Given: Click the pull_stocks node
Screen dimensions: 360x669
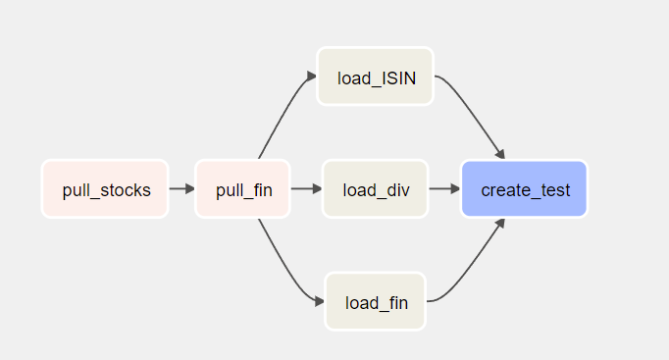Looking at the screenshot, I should coord(105,188).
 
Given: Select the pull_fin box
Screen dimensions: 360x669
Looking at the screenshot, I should coord(243,188).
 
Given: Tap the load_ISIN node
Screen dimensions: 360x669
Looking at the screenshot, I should coord(375,77).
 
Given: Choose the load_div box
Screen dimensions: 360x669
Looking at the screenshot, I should coord(375,188).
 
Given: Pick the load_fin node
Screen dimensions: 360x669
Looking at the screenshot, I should coord(375,301).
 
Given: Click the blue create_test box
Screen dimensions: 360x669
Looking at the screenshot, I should coord(524,188).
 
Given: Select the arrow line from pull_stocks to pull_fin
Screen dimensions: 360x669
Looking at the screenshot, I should coord(179,188).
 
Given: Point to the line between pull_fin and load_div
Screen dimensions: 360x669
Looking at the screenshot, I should coord(304,188).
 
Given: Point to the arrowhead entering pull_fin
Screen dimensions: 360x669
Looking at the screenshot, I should coord(189,188).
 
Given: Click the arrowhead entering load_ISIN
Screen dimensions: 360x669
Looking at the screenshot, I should coord(311,77).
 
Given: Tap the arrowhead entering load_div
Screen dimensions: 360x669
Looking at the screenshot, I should coord(317,188).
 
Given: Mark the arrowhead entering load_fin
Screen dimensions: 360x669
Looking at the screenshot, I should coord(318,301).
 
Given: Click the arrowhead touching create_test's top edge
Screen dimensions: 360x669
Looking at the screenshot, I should coord(500,154).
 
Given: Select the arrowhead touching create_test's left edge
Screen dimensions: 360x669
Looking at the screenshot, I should coord(455,188).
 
